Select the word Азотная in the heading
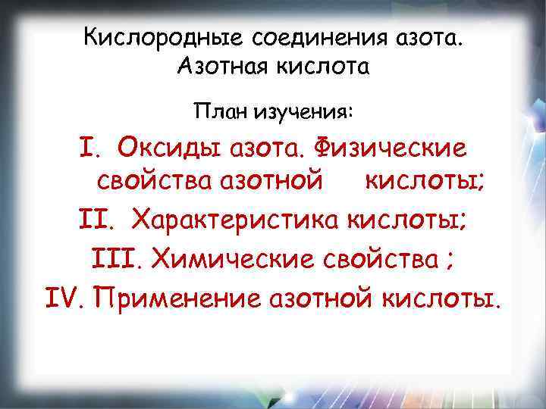click(218, 68)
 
